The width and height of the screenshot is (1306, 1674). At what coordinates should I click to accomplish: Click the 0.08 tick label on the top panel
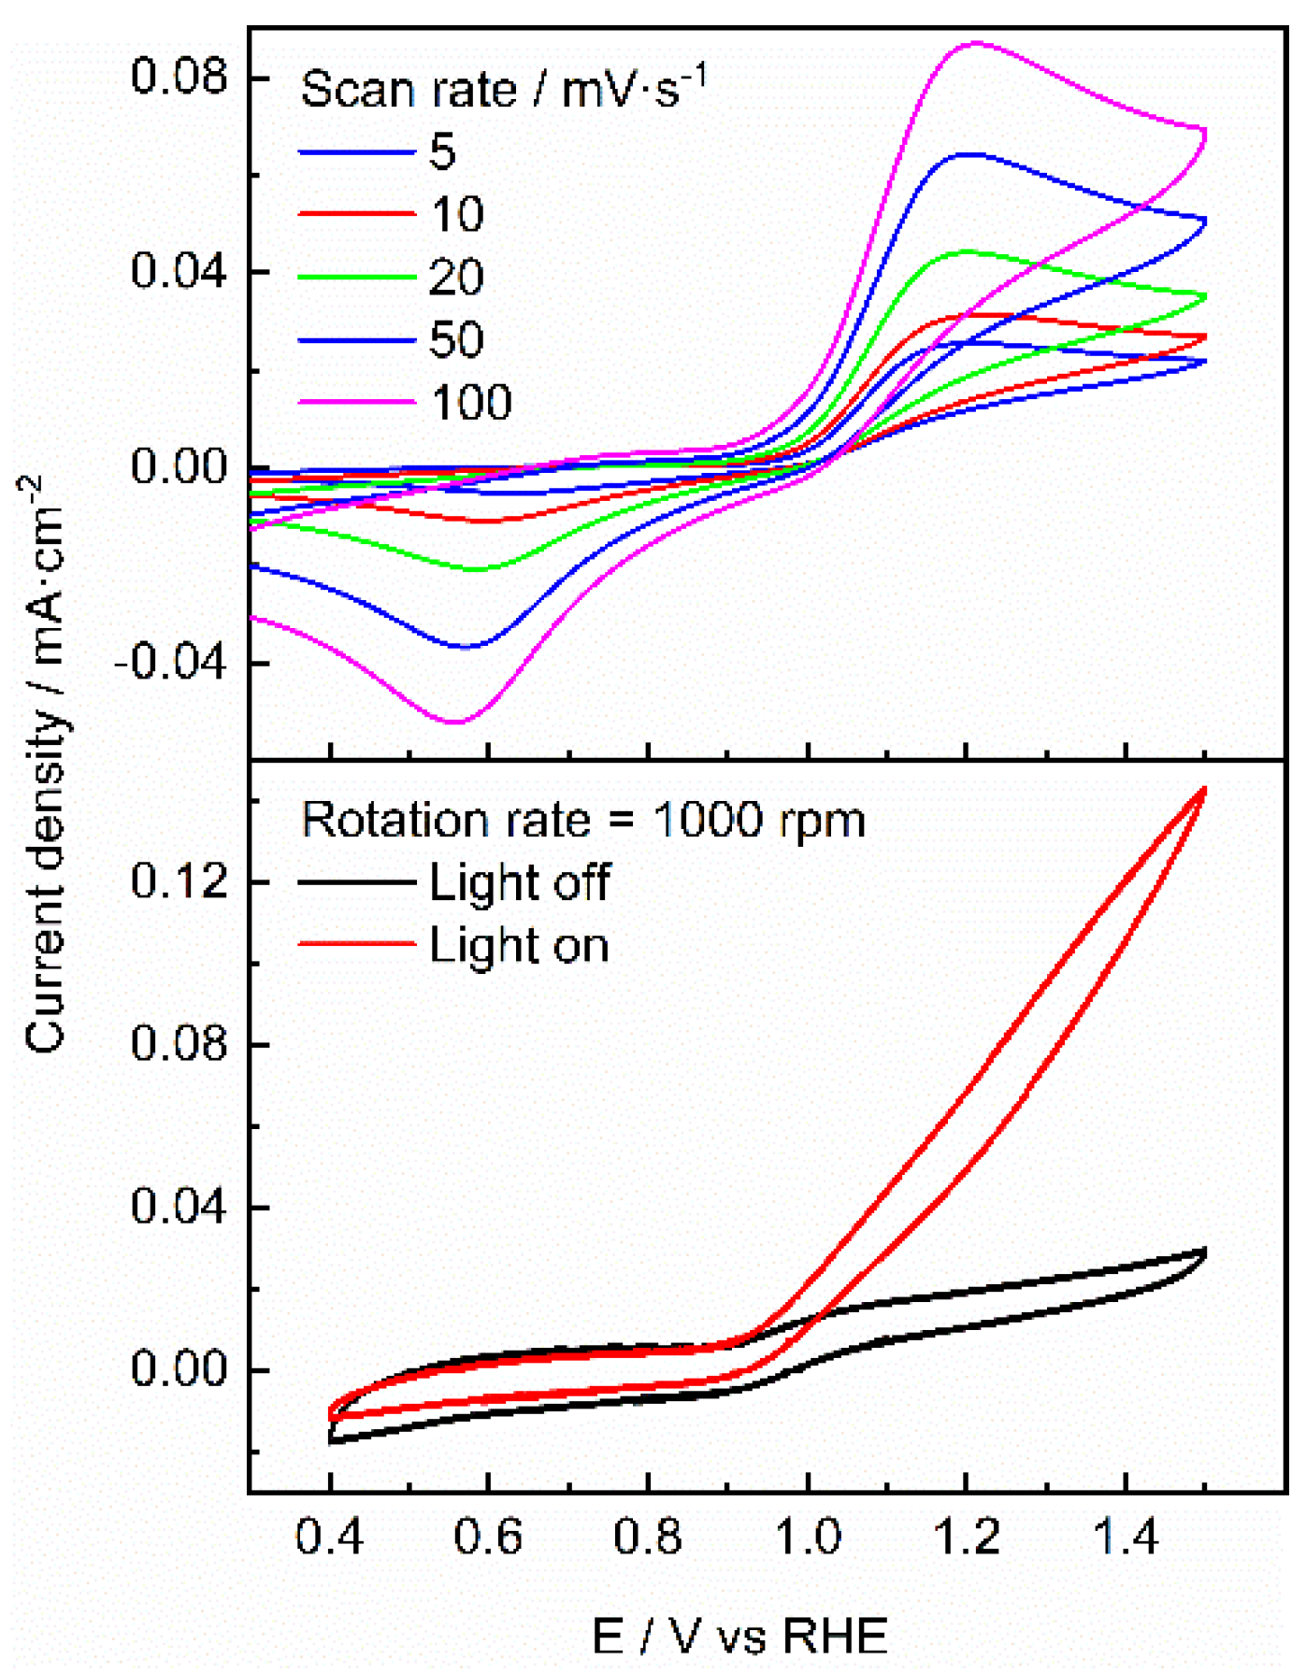point(166,77)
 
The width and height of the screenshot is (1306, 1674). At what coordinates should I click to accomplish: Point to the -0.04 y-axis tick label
point(158,664)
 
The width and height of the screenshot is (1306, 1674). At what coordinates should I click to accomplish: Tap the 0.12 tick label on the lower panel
point(166,881)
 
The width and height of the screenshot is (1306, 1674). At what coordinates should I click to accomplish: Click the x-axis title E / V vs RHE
point(739,1635)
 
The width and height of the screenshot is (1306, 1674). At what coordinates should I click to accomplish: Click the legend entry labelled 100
point(471,402)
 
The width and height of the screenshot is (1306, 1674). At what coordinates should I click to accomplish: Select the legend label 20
point(456,278)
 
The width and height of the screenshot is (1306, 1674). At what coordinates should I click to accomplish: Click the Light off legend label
point(519,882)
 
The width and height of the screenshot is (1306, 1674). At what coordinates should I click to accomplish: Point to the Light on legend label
point(519,945)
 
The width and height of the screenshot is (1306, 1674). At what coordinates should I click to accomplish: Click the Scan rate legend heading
point(502,90)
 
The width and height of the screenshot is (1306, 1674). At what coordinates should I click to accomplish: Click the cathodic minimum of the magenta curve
point(455,722)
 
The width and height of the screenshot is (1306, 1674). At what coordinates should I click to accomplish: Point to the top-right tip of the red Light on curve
point(1204,790)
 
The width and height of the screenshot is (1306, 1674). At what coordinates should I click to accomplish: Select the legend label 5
point(442,151)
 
